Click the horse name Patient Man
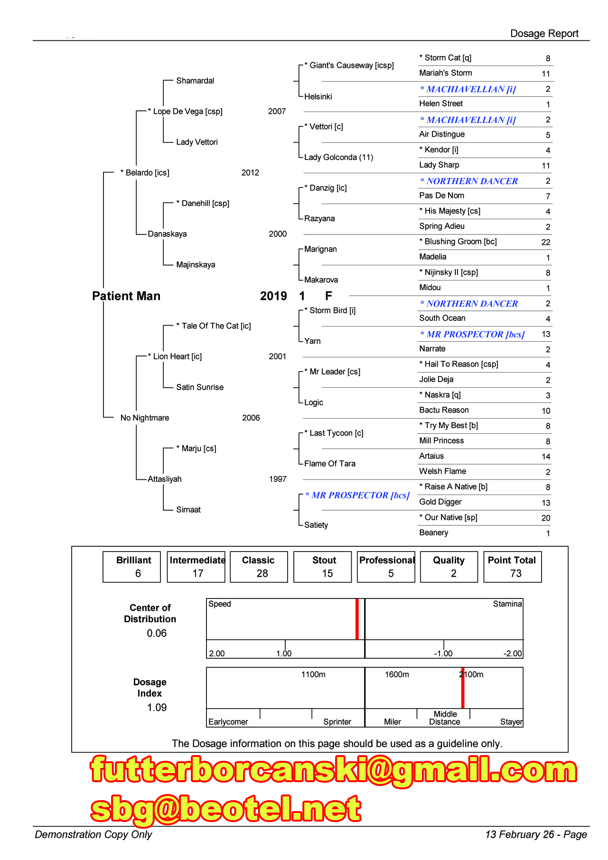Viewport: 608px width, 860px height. coord(126,296)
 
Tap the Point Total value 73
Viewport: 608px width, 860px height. coord(516,574)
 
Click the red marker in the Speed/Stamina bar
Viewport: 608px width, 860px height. coord(357,619)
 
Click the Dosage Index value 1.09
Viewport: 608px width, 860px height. coord(157,708)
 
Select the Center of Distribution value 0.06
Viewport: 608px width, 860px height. coord(157,634)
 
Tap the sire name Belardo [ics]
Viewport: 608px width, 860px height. coord(145,173)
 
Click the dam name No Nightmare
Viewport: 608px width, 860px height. coord(145,418)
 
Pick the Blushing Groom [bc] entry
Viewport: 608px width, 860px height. coord(458,242)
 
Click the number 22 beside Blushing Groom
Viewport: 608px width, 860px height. coord(546,243)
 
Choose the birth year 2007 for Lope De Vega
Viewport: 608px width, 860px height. coord(277,112)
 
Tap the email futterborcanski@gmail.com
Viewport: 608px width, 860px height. coord(334,770)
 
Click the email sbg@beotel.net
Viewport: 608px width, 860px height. coord(226,809)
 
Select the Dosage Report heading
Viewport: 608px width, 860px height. coord(544,34)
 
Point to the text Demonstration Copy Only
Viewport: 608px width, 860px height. coord(94,835)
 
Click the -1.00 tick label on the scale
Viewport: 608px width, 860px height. coord(443,654)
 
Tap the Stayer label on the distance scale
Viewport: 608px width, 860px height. coord(511,722)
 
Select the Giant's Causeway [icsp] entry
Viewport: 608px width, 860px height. coord(349,65)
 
